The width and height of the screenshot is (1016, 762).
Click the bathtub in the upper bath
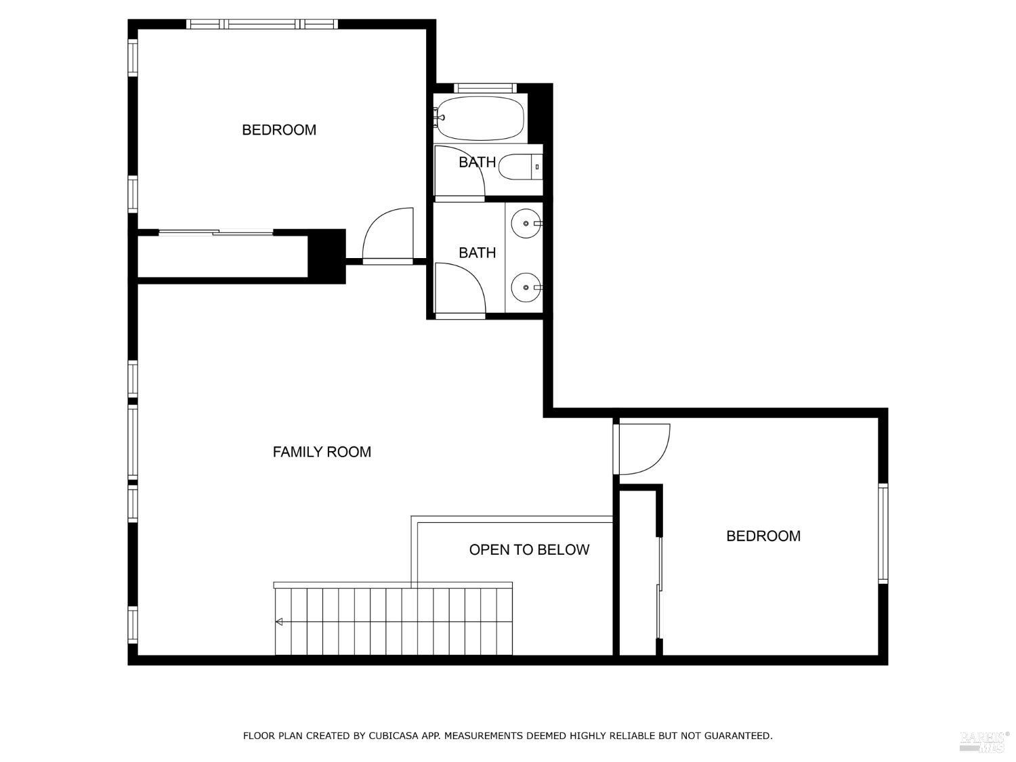480,118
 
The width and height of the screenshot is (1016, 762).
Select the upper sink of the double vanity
526,224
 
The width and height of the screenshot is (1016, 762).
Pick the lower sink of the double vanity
526,287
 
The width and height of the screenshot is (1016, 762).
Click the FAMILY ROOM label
322,452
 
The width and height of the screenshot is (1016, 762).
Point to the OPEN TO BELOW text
529,549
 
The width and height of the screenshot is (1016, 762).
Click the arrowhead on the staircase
278,622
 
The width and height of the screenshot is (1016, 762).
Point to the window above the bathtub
485,88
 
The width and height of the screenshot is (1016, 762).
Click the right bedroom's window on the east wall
883,533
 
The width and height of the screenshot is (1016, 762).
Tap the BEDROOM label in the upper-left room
279,130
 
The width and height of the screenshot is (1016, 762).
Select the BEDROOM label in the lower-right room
763,536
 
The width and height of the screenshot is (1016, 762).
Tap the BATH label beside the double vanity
478,253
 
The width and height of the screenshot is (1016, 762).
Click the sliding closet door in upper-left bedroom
215,232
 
